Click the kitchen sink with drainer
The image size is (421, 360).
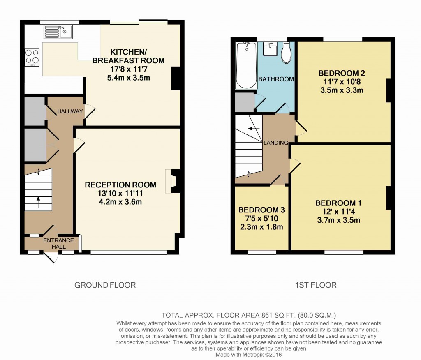pos(58,32)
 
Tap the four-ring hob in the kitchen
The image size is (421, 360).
pos(32,58)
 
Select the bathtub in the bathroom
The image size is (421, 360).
pos(246,65)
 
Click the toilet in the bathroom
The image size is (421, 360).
pos(286,53)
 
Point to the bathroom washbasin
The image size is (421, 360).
pos(270,49)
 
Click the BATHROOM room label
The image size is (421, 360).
pos(276,79)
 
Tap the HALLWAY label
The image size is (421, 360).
pos(70,111)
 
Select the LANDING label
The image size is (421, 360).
pos(276,143)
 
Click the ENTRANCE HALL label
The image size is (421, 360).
pos(58,243)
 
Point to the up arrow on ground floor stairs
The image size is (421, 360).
pos(38,202)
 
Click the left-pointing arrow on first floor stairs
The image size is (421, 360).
pos(254,129)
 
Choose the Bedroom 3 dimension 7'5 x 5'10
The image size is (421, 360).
pos(261,219)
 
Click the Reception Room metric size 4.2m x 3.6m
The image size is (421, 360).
pos(120,202)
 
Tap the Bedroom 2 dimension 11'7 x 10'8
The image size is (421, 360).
pos(342,82)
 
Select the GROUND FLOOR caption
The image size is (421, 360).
pos(105,285)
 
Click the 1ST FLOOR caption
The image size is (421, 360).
pos(316,285)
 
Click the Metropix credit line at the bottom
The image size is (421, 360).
pos(249,355)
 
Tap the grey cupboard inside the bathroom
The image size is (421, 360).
pos(245,102)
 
